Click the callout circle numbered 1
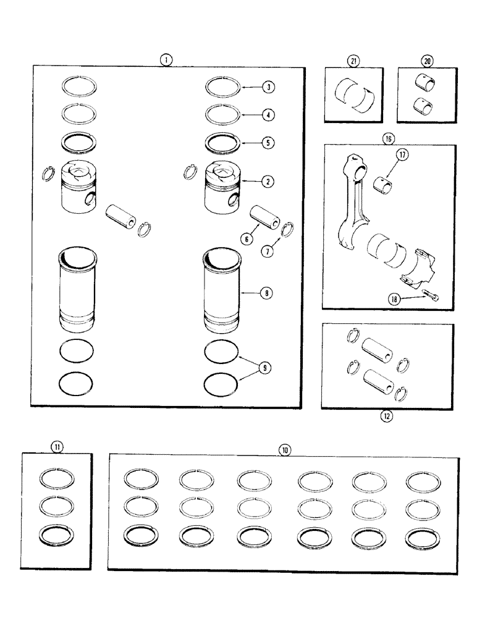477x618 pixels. [166, 60]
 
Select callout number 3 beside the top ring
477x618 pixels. [268, 87]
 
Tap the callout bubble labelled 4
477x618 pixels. [268, 114]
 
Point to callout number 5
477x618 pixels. [268, 142]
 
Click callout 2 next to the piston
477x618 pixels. [268, 182]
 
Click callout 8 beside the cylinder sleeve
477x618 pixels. [268, 294]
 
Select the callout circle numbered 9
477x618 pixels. [266, 368]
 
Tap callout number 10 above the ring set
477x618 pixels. [284, 450]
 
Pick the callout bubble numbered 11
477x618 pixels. [57, 446]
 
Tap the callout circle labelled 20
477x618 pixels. [426, 61]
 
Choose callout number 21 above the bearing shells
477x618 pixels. [353, 61]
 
